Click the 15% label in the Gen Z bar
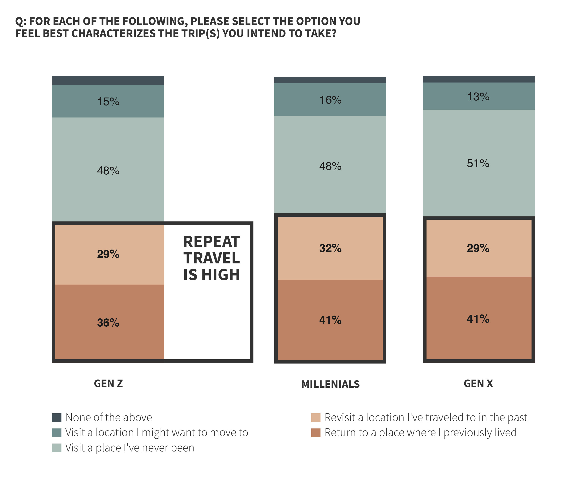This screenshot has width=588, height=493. pos(108,102)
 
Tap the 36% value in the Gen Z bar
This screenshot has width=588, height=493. pos(108,323)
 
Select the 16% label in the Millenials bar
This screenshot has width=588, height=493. pos(330,100)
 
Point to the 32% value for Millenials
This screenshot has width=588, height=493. pos(330,248)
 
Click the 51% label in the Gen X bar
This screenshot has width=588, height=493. pos(478,163)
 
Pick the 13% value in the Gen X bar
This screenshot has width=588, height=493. pos(478,97)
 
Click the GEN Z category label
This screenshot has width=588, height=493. pos(108,383)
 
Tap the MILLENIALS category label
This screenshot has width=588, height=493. pos(330,384)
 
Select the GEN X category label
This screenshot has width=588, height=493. pos(478,383)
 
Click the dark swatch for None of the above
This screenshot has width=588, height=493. pos(57,418)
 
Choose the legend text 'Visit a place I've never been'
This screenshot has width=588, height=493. pos(130,448)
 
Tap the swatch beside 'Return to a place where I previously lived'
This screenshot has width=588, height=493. pos(316,433)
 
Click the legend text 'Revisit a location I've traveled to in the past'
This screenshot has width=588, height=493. pos(426,418)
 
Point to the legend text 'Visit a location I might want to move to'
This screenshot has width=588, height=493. pos(157,433)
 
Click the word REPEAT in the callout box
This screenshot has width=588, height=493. pos(211,242)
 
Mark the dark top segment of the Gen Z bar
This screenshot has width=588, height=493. pos(108,81)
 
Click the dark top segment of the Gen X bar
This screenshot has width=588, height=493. pos(479,79)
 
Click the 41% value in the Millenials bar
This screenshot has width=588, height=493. pos(330,320)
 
